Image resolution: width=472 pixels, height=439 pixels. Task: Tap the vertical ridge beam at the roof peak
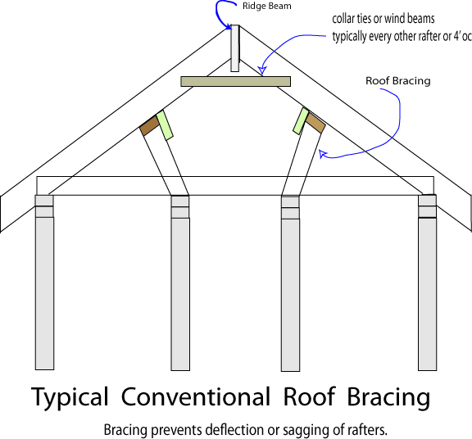[235, 48]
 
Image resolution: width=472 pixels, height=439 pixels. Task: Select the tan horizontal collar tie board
[236, 81]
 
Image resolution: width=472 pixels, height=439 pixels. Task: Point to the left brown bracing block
[149, 125]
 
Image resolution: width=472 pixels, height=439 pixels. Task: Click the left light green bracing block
[166, 124]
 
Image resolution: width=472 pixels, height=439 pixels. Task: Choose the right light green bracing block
[301, 120]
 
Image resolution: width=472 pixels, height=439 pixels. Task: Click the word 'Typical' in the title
[71, 399]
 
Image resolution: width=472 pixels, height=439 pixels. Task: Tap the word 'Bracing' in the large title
[389, 399]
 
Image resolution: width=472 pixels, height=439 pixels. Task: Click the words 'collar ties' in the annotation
[353, 18]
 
